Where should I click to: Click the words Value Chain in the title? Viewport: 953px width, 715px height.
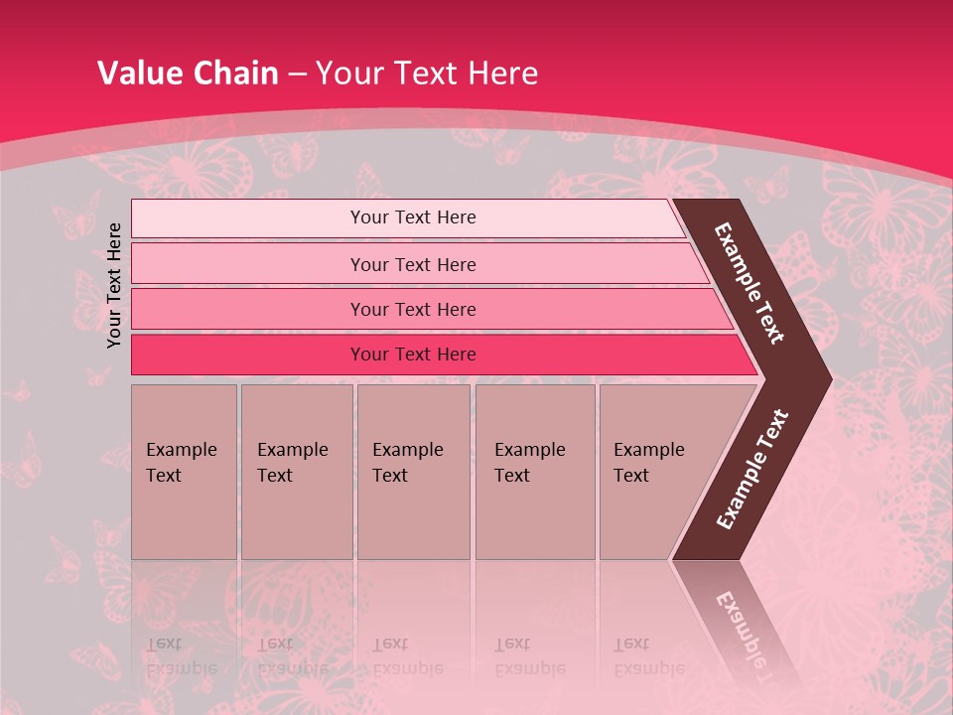click(188, 73)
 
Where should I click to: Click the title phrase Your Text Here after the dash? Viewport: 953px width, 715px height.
click(427, 73)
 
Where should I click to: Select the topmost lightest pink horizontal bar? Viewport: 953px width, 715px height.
click(238, 218)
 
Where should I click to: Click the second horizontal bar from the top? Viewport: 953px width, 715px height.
click(238, 264)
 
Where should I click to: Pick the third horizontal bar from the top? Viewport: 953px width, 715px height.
click(238, 309)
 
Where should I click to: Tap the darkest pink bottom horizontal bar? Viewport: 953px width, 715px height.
click(238, 355)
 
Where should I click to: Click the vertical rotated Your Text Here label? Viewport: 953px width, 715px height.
click(114, 285)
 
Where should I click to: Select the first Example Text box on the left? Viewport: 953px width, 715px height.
click(184, 471)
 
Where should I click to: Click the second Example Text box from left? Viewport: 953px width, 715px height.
click(296, 471)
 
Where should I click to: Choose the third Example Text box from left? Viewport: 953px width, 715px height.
click(413, 471)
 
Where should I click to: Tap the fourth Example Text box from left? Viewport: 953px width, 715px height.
click(534, 471)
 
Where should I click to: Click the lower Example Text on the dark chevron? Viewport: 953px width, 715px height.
click(752, 470)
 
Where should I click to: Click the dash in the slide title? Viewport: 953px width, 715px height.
click(297, 74)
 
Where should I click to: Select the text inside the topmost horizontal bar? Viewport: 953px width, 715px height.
click(413, 217)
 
